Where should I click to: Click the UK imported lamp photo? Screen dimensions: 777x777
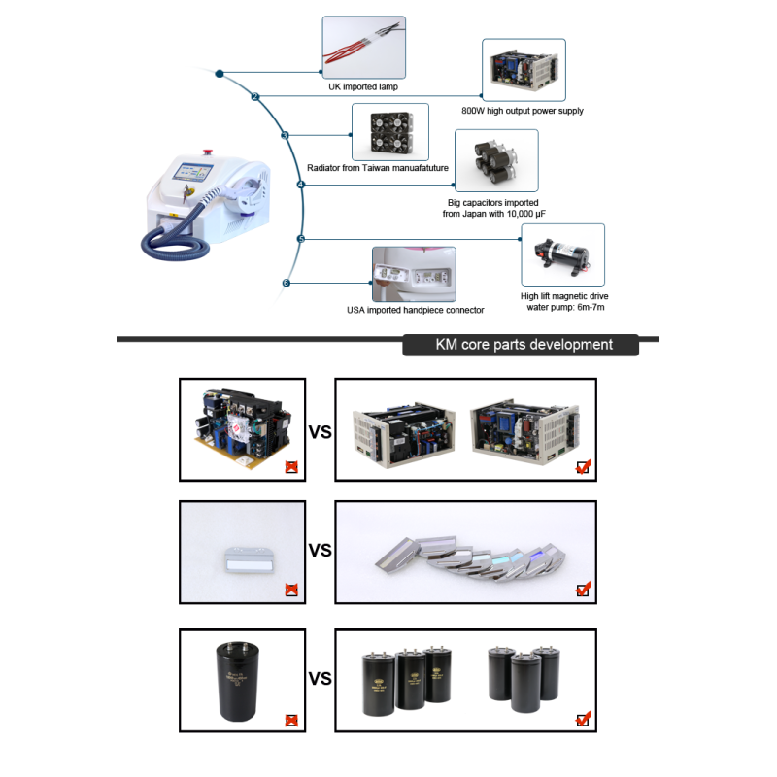363,47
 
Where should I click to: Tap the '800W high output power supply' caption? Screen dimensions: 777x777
523,111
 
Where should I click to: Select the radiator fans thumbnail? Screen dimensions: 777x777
390,132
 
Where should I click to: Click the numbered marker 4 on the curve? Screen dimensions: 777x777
301,185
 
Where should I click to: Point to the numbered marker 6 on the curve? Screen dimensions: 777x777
286,283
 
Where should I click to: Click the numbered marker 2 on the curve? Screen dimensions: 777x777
255,96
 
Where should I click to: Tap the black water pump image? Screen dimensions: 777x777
563,254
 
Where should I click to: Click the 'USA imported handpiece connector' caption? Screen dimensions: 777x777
416,310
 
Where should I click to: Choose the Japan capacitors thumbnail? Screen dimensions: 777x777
496,161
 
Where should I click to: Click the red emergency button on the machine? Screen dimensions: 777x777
207,152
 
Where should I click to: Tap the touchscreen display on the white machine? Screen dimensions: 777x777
192,172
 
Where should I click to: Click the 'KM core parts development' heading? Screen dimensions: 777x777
524,345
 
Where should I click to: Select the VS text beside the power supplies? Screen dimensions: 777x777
321,432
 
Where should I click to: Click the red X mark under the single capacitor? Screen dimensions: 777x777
291,720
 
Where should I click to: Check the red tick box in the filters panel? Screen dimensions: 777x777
584,590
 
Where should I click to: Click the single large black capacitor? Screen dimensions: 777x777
238,681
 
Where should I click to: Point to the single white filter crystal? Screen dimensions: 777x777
250,560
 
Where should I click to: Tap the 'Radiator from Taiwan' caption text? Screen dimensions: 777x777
378,168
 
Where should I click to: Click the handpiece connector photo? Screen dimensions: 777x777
415,274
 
